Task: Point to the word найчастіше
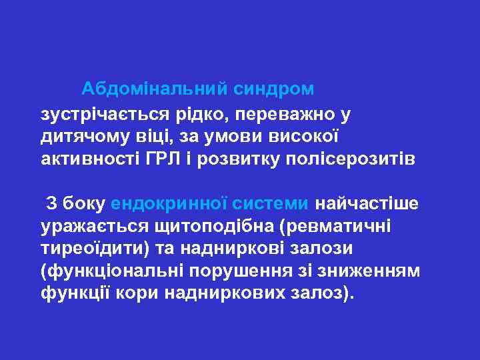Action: (x=367, y=203)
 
